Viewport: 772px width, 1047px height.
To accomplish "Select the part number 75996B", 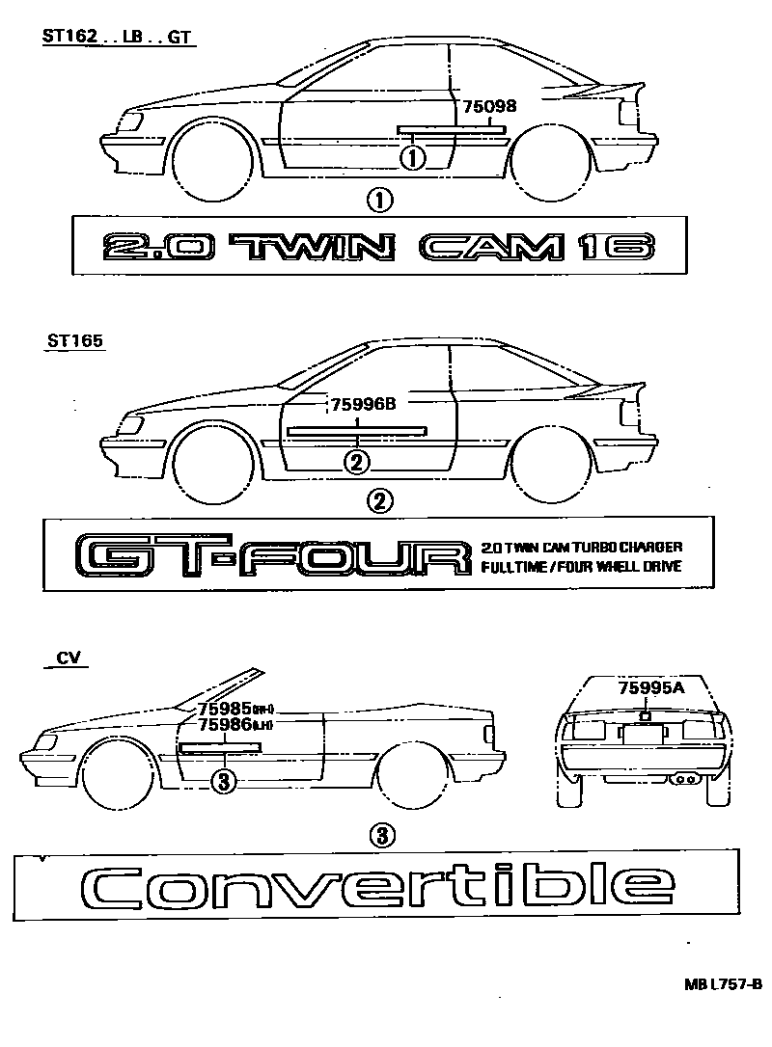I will pyautogui.click(x=364, y=406).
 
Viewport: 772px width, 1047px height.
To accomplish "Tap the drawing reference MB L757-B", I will pyautogui.click(x=724, y=984).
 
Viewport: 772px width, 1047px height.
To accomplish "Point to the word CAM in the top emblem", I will pyautogui.click(x=492, y=248).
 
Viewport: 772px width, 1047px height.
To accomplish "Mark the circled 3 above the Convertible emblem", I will pyautogui.click(x=381, y=835).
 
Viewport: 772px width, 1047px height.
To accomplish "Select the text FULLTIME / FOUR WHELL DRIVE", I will pyautogui.click(x=581, y=567).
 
